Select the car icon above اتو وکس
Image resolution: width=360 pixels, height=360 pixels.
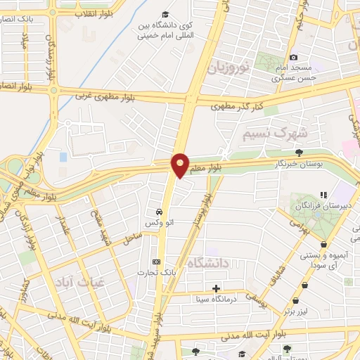pyautogui.click(x=160, y=212)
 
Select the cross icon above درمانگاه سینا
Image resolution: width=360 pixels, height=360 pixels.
pyautogui.click(x=216, y=288)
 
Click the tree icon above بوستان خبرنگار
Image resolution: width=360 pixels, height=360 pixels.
pyautogui.click(x=300, y=152)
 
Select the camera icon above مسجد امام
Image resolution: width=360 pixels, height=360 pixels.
pyautogui.click(x=293, y=57)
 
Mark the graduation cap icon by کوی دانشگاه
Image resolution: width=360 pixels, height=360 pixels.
pyautogui.click(x=165, y=14)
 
